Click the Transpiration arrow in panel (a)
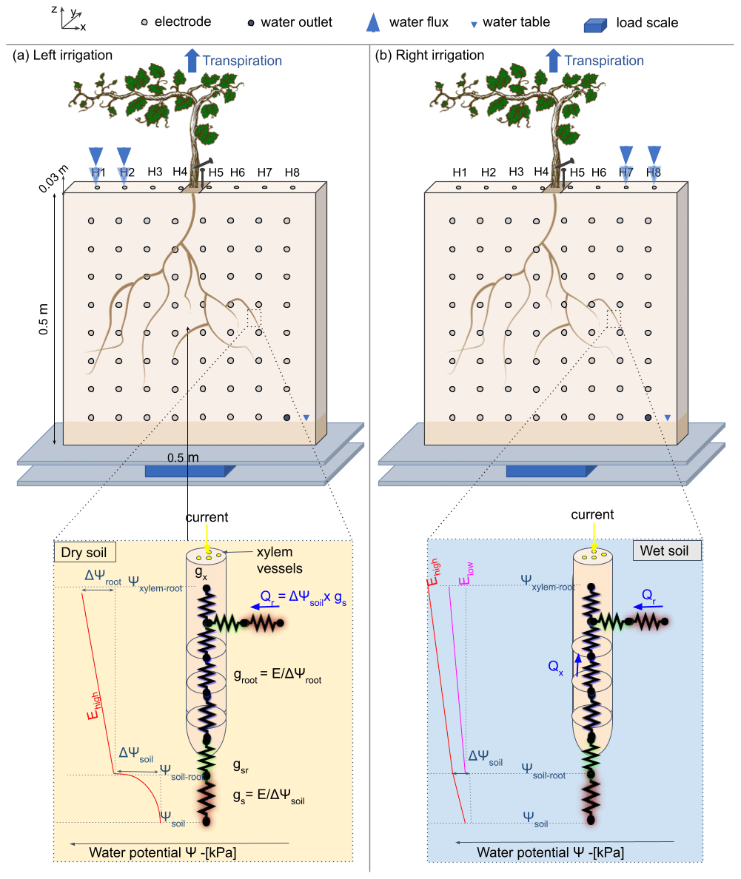[192, 60]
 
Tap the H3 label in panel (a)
[155, 172]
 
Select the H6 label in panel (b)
[599, 172]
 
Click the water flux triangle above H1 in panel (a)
[96, 156]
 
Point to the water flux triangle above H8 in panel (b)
[654, 155]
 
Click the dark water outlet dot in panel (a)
[286, 418]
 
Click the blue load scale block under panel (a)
[190, 471]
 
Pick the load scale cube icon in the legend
[596, 24]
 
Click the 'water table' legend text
[516, 22]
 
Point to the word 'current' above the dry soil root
[208, 517]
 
